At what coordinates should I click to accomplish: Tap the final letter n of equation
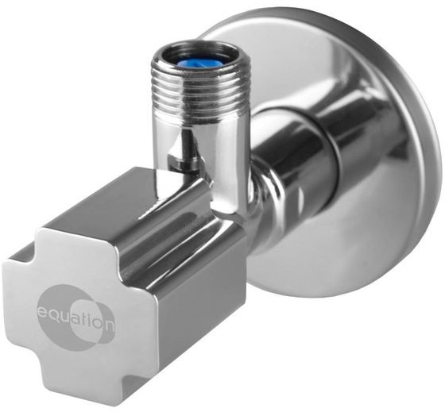110,325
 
